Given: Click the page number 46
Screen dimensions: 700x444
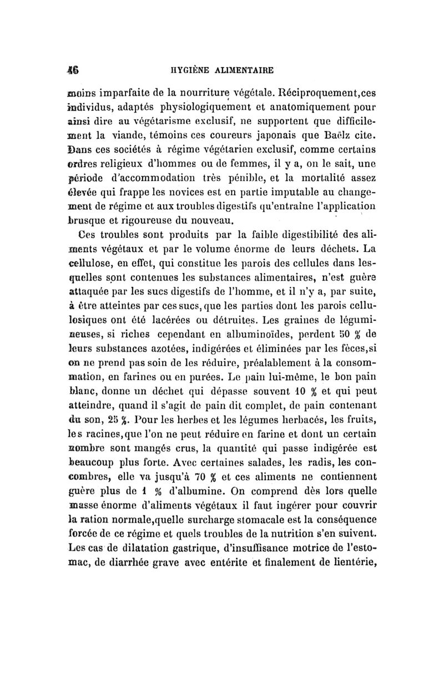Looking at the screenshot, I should pos(72,70).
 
